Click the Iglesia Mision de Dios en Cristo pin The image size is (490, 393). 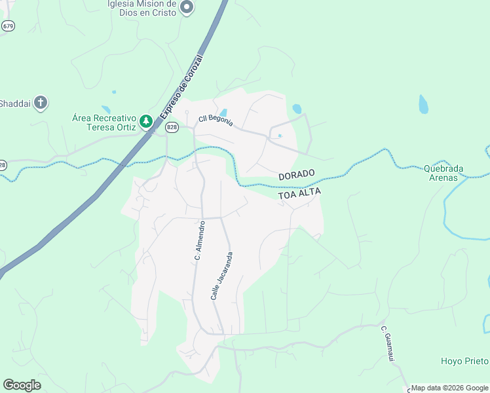pos(187,8)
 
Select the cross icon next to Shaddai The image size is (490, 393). pos(41,103)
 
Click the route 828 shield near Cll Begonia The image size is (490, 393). pos(172,127)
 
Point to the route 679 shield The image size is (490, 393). pos(8,26)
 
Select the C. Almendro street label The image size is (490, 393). pos(200,241)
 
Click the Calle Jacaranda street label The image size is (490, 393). pos(221,276)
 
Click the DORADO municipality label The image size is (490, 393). pos(297,175)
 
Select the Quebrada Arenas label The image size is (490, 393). pos(443,172)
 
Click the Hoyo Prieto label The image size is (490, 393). pos(464,361)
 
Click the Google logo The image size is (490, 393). pos(22,385)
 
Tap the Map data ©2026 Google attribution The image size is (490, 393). pos(449,388)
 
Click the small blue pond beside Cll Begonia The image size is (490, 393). pos(224,113)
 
